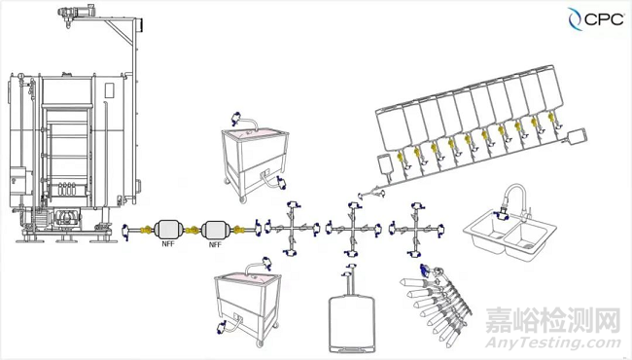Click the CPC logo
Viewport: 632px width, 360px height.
(x=596, y=18)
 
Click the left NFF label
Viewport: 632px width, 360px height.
(x=168, y=244)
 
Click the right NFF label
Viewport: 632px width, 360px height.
(x=215, y=245)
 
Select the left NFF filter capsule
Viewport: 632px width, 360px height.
(x=168, y=230)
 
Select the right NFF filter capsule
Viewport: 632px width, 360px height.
(x=215, y=231)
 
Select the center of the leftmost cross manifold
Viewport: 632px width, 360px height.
(x=291, y=229)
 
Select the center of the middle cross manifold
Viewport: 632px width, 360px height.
(x=354, y=229)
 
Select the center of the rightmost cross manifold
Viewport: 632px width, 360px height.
(x=416, y=229)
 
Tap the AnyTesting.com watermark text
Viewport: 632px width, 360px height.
(x=553, y=343)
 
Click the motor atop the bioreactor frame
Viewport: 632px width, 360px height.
(x=76, y=13)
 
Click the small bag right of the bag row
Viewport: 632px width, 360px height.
(x=576, y=135)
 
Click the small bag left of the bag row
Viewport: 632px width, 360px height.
(x=385, y=163)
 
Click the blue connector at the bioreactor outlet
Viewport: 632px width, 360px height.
(x=126, y=231)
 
